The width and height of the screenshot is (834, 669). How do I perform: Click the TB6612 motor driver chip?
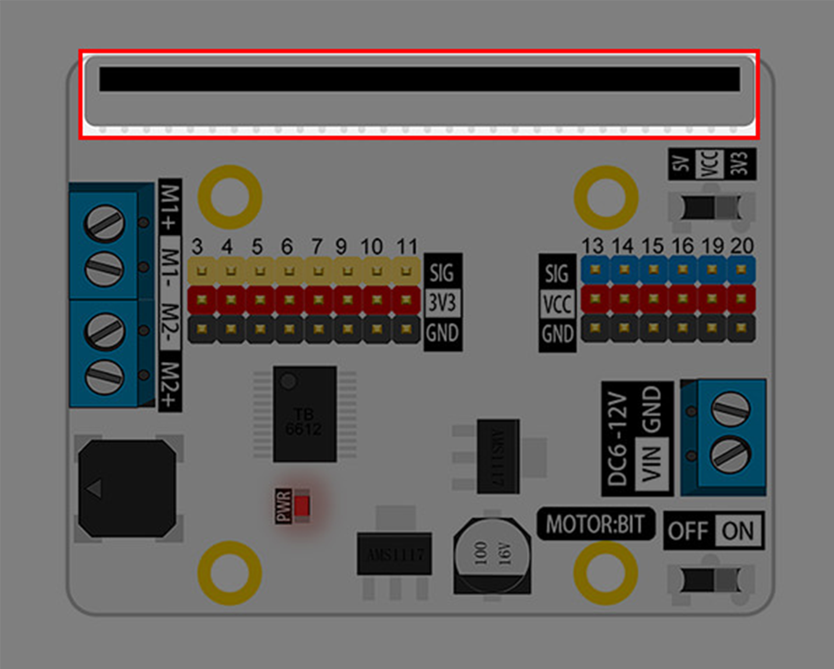[x=304, y=415]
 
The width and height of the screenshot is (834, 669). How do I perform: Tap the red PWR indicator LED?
[x=302, y=506]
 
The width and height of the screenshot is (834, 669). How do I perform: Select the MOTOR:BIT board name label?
[x=595, y=524]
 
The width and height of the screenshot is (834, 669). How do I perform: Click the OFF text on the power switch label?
[x=687, y=531]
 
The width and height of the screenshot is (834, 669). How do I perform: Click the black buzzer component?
[x=127, y=488]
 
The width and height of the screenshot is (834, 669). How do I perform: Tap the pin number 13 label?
[x=592, y=245]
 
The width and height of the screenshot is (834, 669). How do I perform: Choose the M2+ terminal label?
[x=170, y=385]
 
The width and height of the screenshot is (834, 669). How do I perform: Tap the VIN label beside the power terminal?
[x=652, y=464]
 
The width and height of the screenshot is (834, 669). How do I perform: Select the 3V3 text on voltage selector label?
[x=739, y=164]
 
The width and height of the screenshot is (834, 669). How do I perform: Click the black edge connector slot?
[x=419, y=79]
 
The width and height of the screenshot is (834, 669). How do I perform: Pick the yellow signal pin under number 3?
[x=201, y=272]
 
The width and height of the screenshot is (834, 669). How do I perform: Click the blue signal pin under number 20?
[x=741, y=270]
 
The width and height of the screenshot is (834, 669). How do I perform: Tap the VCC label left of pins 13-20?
[x=557, y=304]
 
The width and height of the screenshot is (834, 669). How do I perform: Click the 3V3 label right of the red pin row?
[x=442, y=303]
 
